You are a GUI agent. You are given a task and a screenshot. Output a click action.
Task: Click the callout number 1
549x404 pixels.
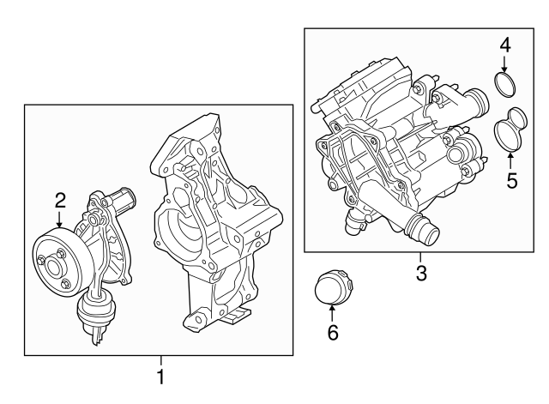click(160, 377)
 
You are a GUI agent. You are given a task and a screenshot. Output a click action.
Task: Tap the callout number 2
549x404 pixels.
click(60, 201)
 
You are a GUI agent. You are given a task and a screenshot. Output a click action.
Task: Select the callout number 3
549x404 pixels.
click(421, 274)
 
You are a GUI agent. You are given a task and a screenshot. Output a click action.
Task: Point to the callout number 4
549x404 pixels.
click(505, 45)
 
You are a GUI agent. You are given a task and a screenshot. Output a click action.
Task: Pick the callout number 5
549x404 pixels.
click(512, 181)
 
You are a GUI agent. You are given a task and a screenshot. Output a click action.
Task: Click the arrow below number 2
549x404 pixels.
click(60, 220)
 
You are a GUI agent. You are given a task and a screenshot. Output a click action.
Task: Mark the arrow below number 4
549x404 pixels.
click(505, 65)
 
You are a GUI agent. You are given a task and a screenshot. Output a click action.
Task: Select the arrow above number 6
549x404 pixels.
click(333, 311)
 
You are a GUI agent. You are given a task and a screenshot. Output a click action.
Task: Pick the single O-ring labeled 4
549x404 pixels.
click(506, 85)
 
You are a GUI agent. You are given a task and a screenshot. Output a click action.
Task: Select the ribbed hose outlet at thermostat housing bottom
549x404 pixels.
click(422, 230)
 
